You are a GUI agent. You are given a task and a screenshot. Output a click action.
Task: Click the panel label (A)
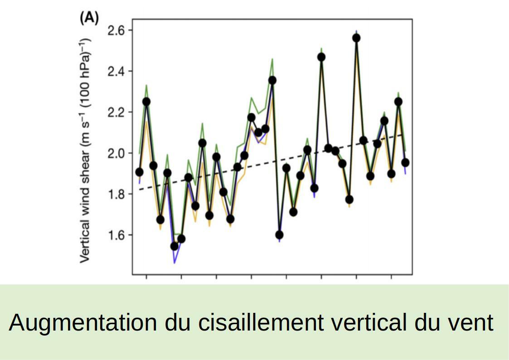click(89, 18)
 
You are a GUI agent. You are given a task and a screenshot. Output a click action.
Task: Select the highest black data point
click(356, 38)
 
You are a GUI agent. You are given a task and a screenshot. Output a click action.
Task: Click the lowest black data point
click(175, 246)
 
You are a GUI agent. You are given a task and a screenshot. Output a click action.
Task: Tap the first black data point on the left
click(139, 172)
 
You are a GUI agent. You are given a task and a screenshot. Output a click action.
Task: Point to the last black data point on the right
click(406, 162)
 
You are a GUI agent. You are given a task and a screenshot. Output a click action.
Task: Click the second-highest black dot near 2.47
click(321, 57)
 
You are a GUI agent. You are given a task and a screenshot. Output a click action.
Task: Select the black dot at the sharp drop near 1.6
click(279, 235)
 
